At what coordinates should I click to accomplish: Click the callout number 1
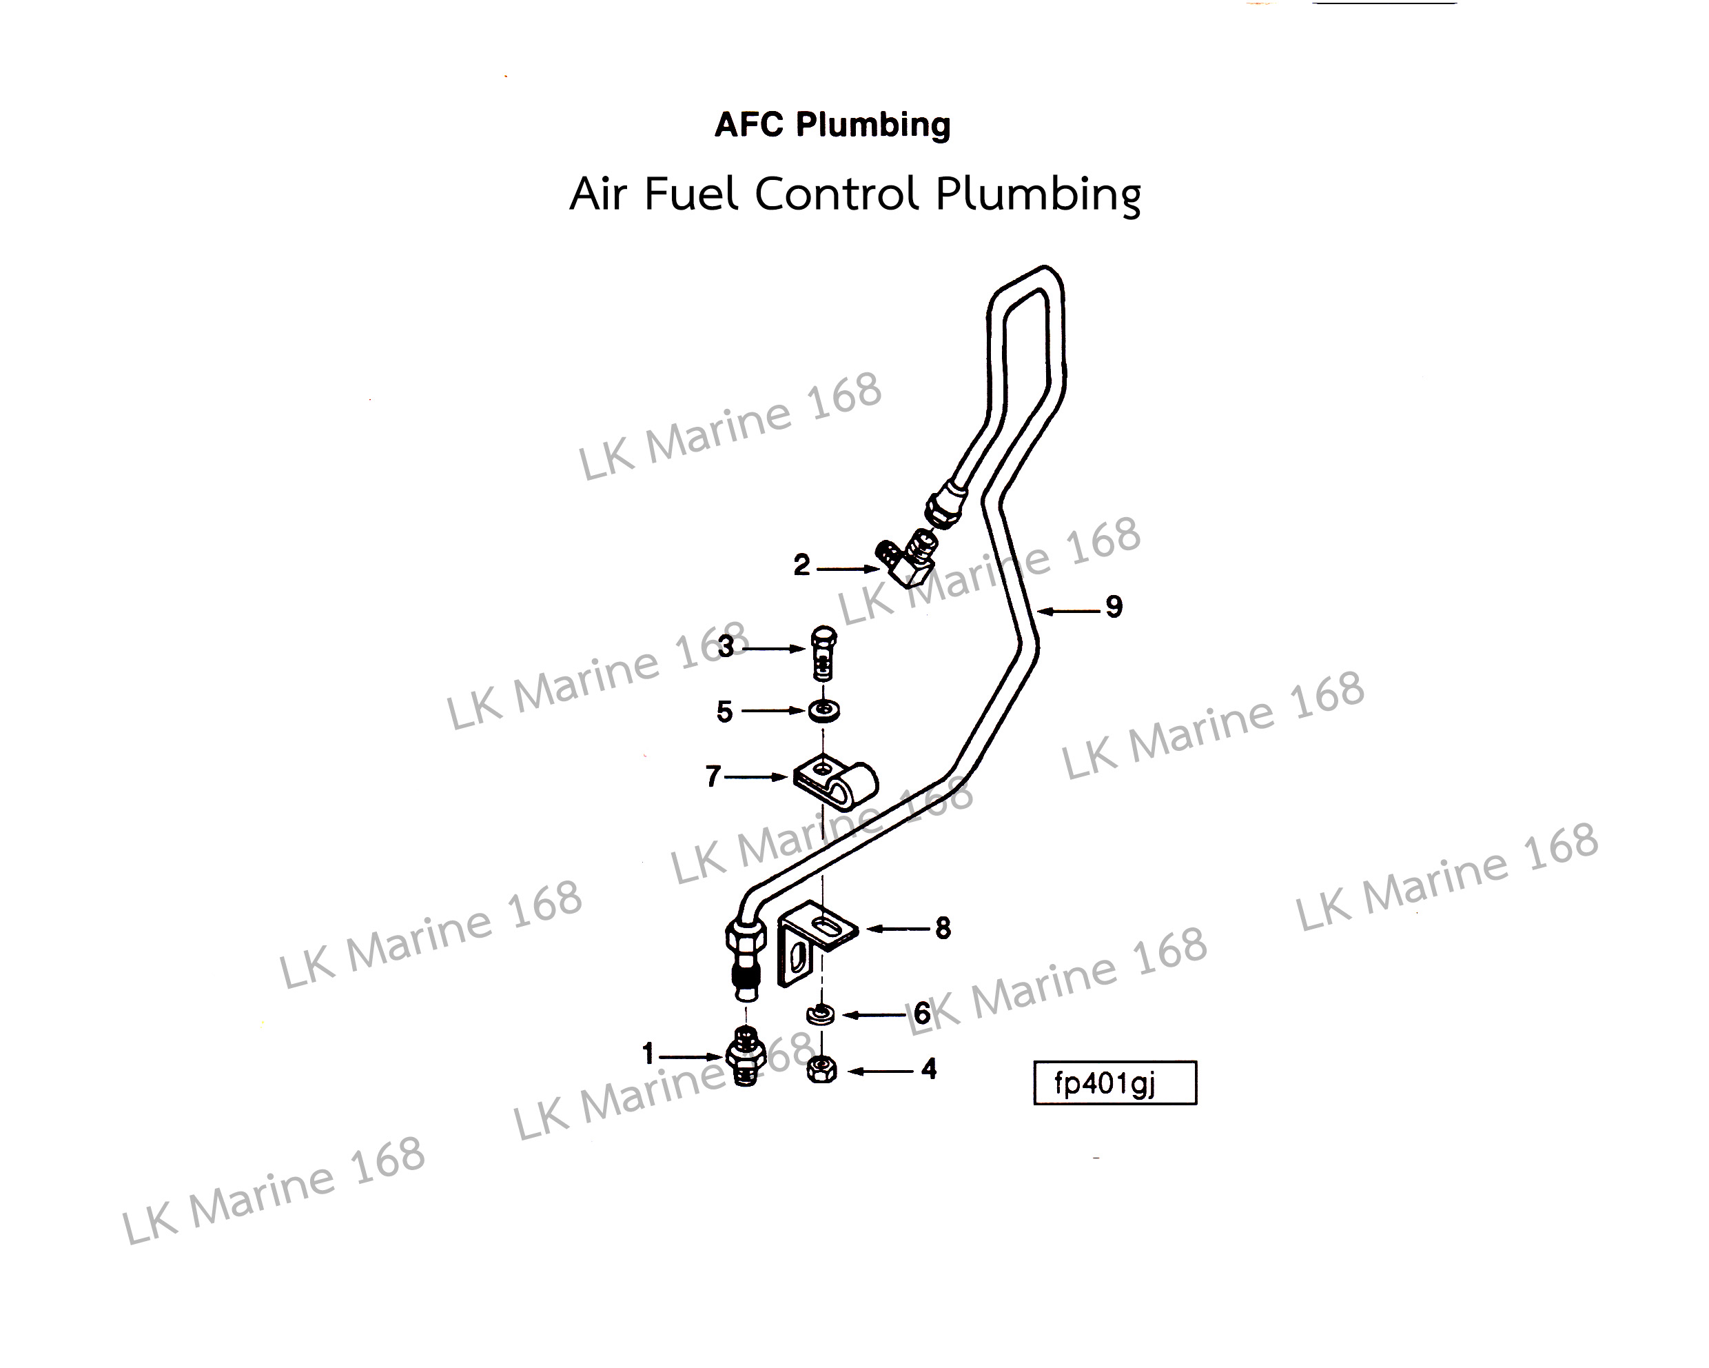coord(648,1054)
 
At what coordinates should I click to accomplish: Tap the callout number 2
coord(801,565)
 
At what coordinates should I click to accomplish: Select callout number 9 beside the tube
coord(1114,607)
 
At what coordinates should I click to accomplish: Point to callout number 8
coord(943,928)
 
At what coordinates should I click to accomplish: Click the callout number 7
coord(713,776)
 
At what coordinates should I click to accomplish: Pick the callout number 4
coord(929,1070)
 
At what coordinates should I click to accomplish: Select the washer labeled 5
coord(824,711)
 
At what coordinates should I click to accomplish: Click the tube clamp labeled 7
coord(837,783)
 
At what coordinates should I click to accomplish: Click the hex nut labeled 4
coord(822,1071)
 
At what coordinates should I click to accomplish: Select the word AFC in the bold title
coord(749,125)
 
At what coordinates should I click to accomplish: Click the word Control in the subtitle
coord(837,194)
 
